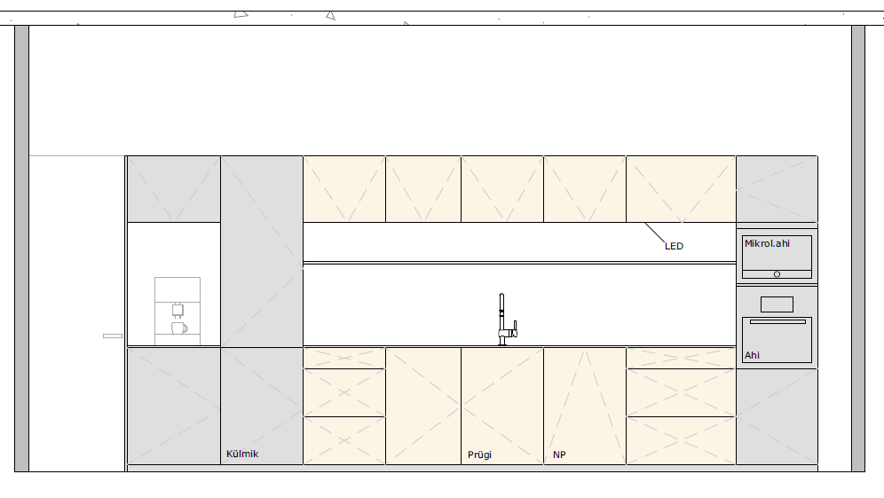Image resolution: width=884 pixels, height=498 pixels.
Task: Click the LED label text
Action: click(674, 246)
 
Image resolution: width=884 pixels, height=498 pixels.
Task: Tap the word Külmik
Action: click(242, 454)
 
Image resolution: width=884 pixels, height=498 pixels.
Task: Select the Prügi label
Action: click(480, 455)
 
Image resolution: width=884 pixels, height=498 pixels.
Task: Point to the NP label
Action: click(559, 455)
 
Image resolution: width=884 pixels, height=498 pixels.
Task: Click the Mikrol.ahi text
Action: click(768, 243)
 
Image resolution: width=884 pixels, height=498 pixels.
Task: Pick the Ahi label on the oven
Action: click(752, 355)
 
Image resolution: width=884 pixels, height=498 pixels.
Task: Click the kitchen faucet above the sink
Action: click(506, 320)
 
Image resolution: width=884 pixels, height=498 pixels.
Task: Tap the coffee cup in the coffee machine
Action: click(179, 328)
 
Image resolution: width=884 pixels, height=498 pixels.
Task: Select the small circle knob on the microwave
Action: click(777, 274)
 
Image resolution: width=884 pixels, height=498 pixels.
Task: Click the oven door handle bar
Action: click(777, 322)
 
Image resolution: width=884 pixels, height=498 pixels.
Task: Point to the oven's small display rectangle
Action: click(777, 304)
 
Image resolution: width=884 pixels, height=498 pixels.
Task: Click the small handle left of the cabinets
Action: click(113, 336)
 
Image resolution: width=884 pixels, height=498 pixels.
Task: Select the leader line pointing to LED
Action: click(654, 233)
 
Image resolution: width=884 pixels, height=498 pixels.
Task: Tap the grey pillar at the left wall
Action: click(21, 249)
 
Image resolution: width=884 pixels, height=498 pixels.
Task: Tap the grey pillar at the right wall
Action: click(858, 249)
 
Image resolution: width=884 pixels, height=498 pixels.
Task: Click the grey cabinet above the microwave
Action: click(777, 189)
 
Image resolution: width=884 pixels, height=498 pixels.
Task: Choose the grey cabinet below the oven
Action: click(777, 417)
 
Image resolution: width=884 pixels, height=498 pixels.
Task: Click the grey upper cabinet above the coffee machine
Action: click(174, 189)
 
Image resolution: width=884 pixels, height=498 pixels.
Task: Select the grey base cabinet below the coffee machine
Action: click(174, 406)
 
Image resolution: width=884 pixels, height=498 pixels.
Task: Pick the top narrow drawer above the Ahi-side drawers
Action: click(681, 358)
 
